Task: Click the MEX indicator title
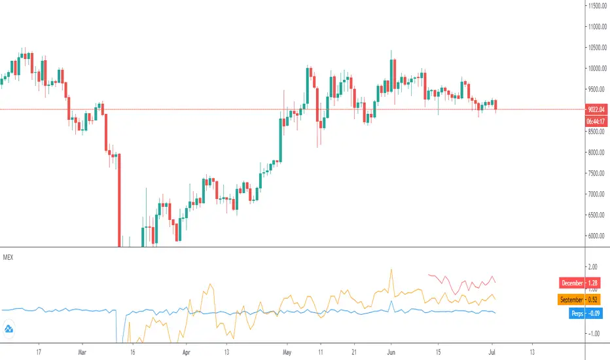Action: tap(10, 257)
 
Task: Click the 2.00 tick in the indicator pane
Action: tap(594, 267)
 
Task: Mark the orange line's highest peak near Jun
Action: tap(391, 269)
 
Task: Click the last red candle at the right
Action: tap(495, 105)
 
